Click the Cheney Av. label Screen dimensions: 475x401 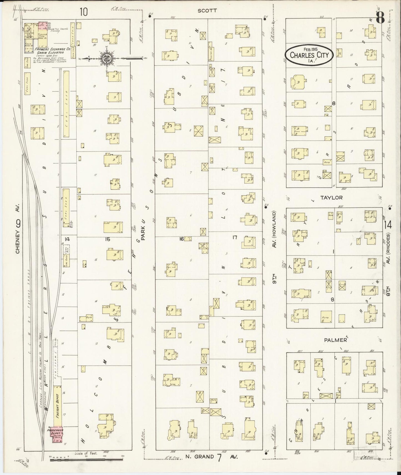coord(18,236)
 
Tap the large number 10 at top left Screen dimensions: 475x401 coord(84,12)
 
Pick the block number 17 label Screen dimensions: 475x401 coord(235,237)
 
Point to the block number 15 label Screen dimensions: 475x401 coord(107,239)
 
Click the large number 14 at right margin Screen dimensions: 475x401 coord(388,225)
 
